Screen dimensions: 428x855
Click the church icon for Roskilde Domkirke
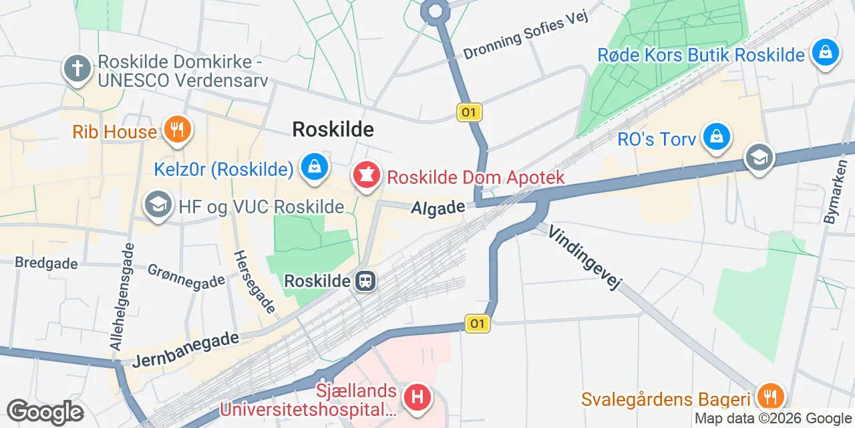(77, 69)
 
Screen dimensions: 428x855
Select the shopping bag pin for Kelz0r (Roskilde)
(314, 167)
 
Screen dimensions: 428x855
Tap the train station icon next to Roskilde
(365, 281)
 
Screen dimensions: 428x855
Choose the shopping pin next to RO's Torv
(717, 137)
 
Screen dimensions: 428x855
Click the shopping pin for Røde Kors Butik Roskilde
(825, 52)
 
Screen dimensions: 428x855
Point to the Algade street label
(438, 208)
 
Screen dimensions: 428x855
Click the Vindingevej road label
(585, 257)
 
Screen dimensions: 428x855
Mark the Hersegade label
(254, 282)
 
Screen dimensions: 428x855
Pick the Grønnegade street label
(186, 279)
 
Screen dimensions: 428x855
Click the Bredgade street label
(47, 263)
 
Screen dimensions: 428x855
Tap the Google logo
(45, 412)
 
